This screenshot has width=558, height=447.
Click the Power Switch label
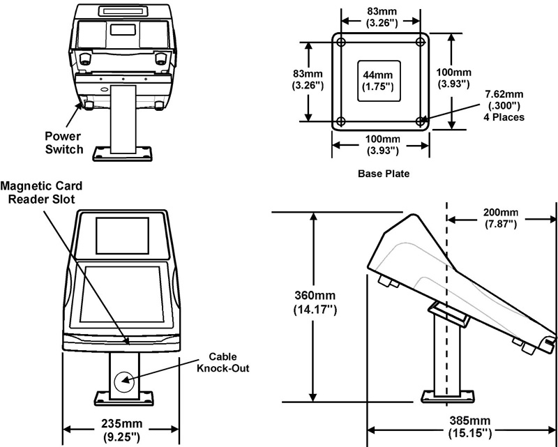63,142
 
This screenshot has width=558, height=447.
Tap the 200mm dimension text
500,218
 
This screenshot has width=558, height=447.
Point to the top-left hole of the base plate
341,43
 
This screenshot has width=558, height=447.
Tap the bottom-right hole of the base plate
420,121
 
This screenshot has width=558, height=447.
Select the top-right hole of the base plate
420,43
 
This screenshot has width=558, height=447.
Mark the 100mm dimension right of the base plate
467,77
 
